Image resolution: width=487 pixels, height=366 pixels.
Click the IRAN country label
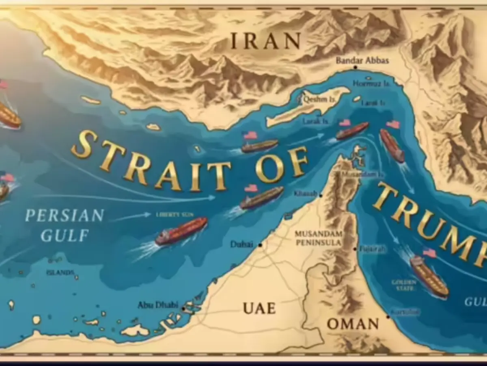point(265,41)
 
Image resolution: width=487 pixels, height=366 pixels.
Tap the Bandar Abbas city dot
point(355,68)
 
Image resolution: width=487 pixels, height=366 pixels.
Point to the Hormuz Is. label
point(368,84)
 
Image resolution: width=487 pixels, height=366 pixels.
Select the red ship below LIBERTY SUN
point(181,231)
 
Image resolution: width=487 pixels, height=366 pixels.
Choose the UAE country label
point(259,308)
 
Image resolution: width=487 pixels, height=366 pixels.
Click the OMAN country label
point(353,324)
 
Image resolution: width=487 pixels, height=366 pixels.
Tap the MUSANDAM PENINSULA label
point(318,238)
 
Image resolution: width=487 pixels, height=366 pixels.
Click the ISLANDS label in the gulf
point(60,272)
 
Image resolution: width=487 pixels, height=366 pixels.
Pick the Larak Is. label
point(315,121)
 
